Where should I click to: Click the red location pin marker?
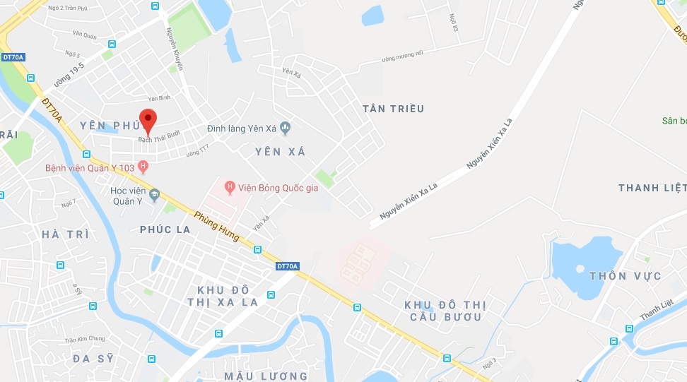147,121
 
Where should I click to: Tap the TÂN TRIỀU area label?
393,109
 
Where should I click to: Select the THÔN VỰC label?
626,275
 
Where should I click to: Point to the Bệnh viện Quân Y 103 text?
90,168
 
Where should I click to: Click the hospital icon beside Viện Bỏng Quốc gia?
229,187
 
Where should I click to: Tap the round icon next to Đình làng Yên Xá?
286,128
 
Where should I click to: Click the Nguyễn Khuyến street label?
174,49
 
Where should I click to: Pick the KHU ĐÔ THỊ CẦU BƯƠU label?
445,311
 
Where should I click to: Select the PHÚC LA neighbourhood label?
165,229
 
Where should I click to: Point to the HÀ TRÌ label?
65,234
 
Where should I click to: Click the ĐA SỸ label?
93,358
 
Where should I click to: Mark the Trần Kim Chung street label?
84,340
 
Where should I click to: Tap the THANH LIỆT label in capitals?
651,188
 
